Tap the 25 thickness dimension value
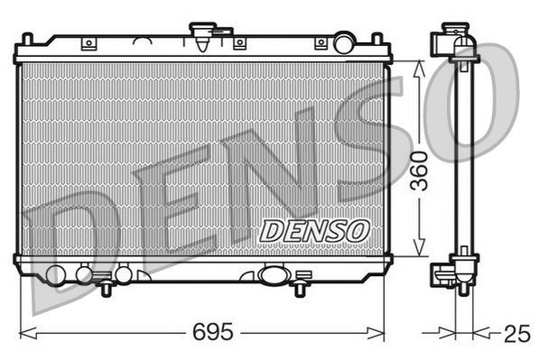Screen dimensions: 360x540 [516, 333]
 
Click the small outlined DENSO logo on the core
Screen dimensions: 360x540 [314, 230]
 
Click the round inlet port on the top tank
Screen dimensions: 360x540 [344, 42]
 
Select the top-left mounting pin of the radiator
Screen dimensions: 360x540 [27, 39]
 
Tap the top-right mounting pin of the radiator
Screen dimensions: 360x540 [378, 39]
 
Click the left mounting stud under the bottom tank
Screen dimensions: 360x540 [107, 287]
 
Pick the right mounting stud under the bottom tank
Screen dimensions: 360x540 [299, 287]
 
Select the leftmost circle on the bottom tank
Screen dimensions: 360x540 [56, 275]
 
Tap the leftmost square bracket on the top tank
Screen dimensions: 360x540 [88, 43]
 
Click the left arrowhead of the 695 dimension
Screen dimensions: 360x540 [23, 331]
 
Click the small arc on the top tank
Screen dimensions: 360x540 [141, 42]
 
